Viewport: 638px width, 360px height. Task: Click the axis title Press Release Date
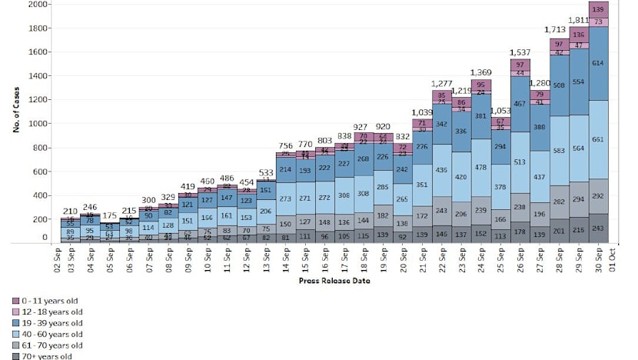[334, 281]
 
